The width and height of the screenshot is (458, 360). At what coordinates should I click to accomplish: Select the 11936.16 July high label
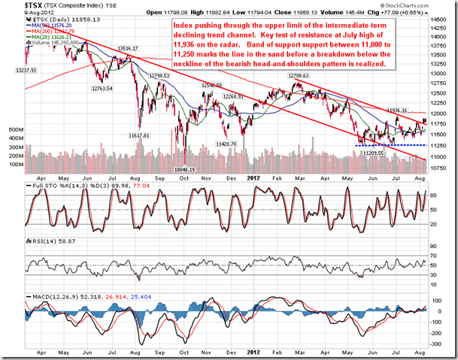click(x=398, y=110)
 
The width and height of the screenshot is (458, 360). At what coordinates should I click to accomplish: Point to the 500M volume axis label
click(x=16, y=129)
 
